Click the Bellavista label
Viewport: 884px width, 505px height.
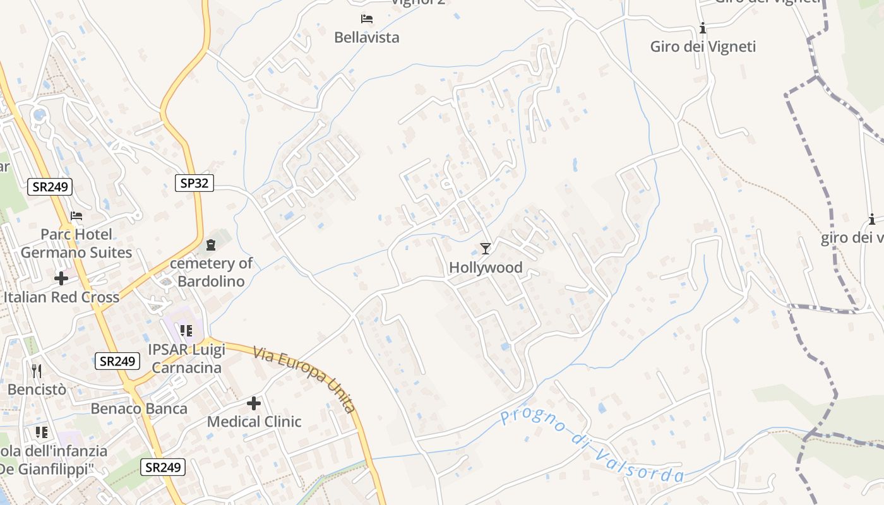(x=366, y=37)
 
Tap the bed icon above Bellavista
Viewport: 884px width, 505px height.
(x=366, y=19)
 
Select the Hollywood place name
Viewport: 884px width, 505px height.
(x=486, y=268)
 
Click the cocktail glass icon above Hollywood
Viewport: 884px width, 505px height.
(x=485, y=249)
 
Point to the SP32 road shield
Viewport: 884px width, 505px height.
(x=194, y=183)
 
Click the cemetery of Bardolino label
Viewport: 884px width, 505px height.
(x=211, y=272)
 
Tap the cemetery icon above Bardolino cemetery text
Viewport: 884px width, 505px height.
(x=211, y=244)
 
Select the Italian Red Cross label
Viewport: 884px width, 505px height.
(x=61, y=297)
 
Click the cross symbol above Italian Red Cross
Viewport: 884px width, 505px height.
(x=61, y=278)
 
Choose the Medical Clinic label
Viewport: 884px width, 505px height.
(x=254, y=421)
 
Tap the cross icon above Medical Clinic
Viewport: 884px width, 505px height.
(x=254, y=403)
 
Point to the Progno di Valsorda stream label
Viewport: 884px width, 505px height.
(x=592, y=446)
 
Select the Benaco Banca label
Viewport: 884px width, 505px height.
(x=139, y=408)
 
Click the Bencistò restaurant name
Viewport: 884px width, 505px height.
(x=37, y=389)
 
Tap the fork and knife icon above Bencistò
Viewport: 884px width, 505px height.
(x=37, y=370)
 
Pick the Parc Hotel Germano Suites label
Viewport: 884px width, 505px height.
(x=76, y=244)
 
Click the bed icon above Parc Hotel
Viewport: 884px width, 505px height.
(x=76, y=216)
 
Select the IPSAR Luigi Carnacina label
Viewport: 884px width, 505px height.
(x=186, y=358)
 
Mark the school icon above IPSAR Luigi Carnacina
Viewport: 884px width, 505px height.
(x=186, y=330)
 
